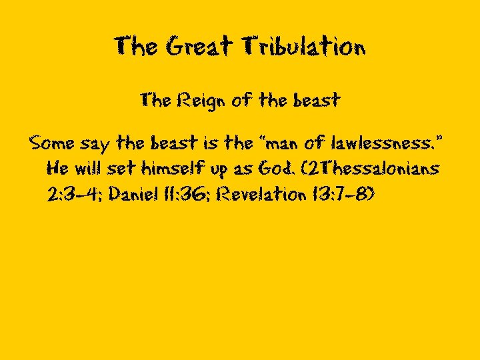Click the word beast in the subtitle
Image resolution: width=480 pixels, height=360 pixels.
point(316,101)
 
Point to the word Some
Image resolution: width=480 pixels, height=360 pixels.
point(52,143)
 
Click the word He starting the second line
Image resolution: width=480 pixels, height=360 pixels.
point(57,168)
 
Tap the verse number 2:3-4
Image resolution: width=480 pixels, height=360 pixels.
point(73,194)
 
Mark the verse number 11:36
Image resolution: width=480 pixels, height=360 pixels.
point(189,194)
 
